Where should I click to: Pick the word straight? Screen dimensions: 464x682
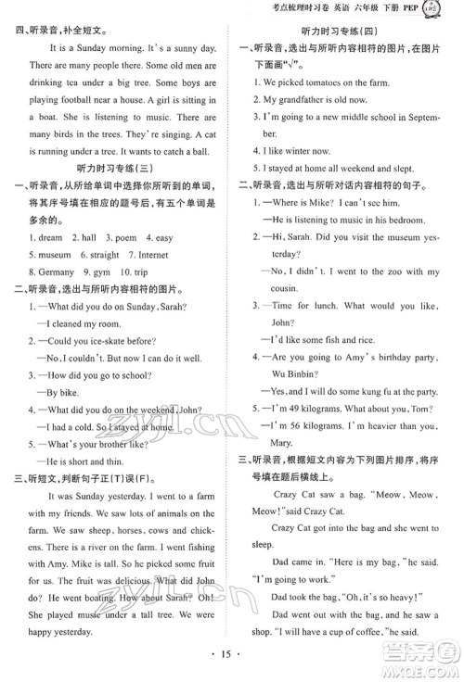point(104,255)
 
